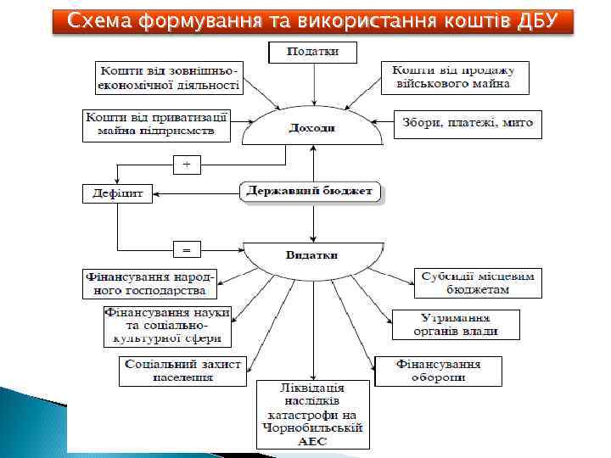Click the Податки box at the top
pyautogui.click(x=313, y=52)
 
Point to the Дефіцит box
pyautogui.click(x=117, y=193)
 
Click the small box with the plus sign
pyautogui.click(x=187, y=162)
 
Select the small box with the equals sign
pyautogui.click(x=187, y=249)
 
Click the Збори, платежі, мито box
pyautogui.click(x=468, y=124)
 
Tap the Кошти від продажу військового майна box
pyautogui.click(x=455, y=77)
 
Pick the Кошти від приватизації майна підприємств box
pyautogui.click(x=156, y=124)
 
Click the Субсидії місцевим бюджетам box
pyautogui.click(x=479, y=283)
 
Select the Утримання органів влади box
pyautogui.click(x=455, y=324)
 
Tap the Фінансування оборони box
pyautogui.click(x=438, y=371)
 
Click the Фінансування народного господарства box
pyautogui.click(x=150, y=283)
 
